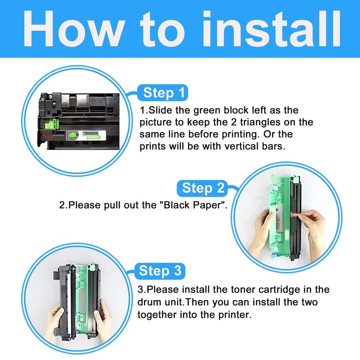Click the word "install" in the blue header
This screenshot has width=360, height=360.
point(271,29)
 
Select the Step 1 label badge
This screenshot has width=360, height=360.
point(162,93)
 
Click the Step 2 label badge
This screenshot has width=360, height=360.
point(202,188)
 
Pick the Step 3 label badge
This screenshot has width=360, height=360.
point(160,271)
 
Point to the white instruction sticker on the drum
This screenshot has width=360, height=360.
point(85,136)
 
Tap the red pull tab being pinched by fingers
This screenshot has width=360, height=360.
point(295,215)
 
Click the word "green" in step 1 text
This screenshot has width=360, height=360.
point(207,111)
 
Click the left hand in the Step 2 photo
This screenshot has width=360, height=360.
point(261,232)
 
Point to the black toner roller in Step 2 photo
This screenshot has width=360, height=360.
point(295,218)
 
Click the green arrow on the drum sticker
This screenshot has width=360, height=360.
point(93,137)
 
